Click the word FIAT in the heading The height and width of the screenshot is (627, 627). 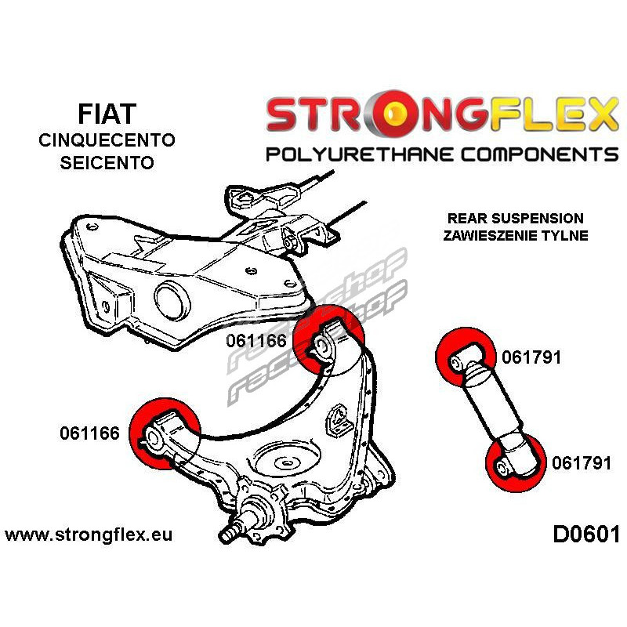(107, 114)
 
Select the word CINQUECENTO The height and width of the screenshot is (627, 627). (107, 140)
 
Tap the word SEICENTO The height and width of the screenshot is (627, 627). (107, 162)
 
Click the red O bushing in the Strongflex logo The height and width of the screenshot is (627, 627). (393, 112)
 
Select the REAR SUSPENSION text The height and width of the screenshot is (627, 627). (516, 219)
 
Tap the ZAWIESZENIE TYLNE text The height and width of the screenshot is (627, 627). (516, 235)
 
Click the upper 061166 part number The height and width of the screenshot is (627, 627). (256, 341)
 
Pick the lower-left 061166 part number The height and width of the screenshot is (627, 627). (89, 433)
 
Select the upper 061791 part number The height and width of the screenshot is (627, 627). (531, 357)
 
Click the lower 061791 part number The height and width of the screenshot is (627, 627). (582, 463)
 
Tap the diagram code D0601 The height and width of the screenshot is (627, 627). (586, 535)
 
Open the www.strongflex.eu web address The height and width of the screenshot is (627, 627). (89, 535)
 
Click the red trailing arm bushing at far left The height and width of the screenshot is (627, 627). (165, 434)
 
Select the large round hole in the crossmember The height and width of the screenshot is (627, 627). (172, 301)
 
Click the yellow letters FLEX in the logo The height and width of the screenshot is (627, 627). (554, 113)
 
